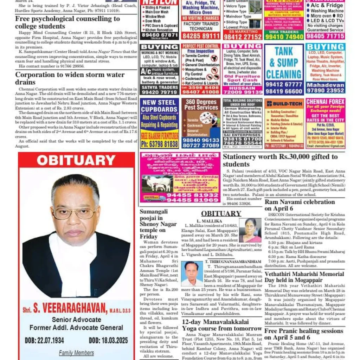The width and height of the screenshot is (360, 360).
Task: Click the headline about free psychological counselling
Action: pyautogui.click(x=67, y=22)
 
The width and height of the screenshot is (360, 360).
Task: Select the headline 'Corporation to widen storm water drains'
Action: pyautogui.click(x=70, y=78)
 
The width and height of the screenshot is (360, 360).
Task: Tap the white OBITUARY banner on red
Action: pyautogui.click(x=76, y=160)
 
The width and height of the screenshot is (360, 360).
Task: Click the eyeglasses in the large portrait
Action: pyautogui.click(x=75, y=213)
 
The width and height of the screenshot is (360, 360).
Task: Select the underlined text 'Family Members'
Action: pyautogui.click(x=76, y=353)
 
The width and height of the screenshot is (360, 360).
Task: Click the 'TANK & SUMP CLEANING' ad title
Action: pyautogui.click(x=284, y=63)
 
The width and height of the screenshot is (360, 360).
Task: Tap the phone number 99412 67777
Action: pyautogui.click(x=284, y=85)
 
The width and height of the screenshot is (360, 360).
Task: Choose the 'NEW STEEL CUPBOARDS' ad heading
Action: pyautogui.click(x=159, y=107)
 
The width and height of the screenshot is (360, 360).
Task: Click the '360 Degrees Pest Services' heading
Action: pyautogui.click(x=201, y=105)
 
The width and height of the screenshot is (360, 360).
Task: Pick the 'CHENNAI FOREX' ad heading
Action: pyautogui.click(x=325, y=102)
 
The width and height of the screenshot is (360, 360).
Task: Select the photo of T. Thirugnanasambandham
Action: pyautogui.click(x=192, y=274)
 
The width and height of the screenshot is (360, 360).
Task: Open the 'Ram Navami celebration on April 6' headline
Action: pyautogui.click(x=300, y=205)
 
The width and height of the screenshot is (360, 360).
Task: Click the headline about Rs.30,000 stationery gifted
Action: pyautogui.click(x=280, y=160)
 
